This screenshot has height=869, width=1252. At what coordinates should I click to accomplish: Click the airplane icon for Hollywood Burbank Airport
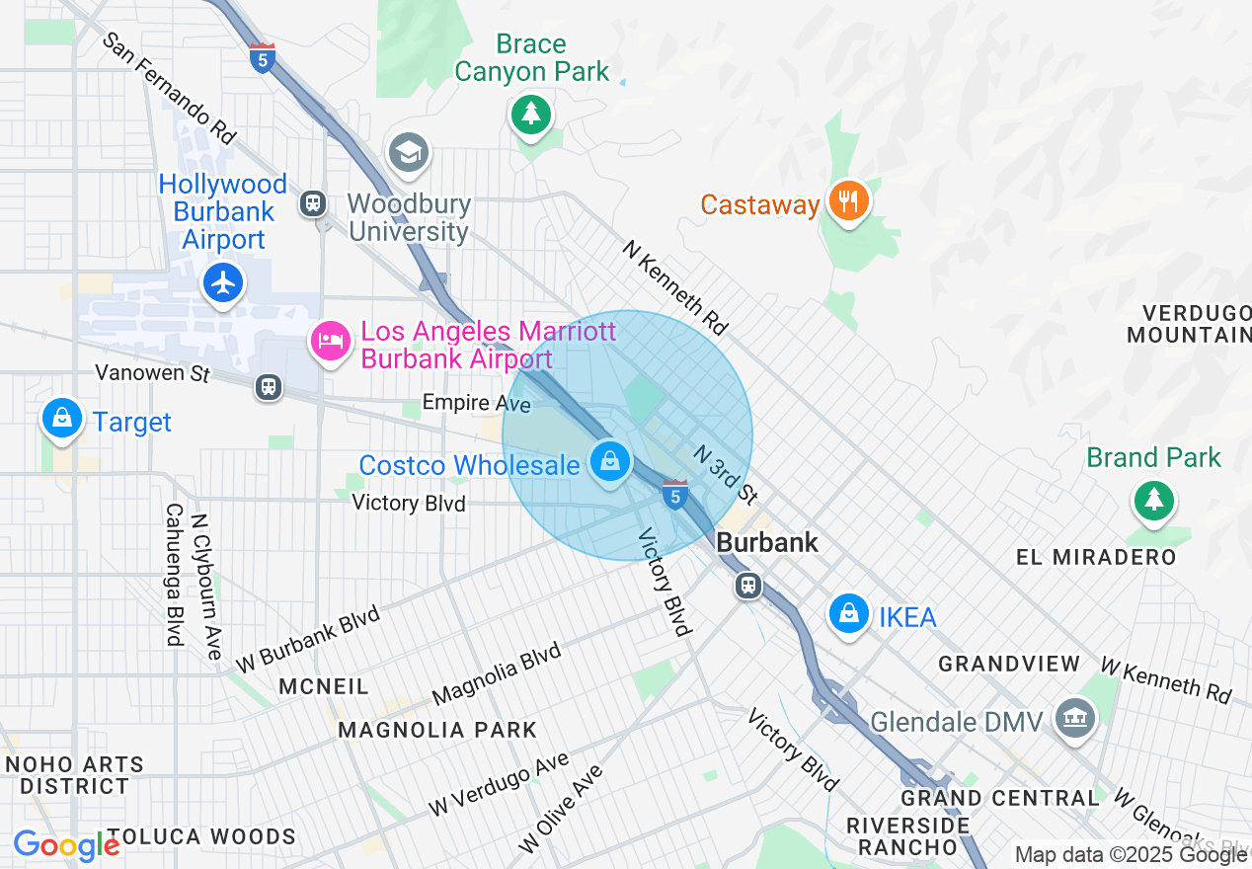point(224,283)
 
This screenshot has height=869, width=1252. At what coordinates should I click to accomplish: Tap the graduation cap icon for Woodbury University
point(408,152)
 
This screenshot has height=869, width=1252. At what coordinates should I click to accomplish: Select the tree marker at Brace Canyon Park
point(531,114)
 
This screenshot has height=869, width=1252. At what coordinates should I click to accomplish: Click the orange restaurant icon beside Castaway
point(847,201)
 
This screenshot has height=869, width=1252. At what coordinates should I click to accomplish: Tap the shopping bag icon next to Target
point(62,419)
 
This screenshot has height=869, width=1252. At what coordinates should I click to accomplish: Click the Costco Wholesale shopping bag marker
point(610,460)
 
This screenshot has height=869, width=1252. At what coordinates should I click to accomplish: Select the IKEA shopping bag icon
point(848,613)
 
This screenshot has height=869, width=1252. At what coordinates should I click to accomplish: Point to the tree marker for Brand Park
point(1152,500)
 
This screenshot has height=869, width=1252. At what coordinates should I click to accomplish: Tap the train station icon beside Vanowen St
point(268,387)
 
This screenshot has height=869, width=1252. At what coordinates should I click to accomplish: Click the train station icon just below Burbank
point(749,587)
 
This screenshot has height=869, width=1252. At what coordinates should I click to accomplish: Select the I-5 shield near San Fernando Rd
point(262,57)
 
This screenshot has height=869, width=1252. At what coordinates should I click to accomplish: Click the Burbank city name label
point(767,542)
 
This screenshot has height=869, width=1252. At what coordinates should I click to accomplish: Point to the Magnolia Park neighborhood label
point(437,730)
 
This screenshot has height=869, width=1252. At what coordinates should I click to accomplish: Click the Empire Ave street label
point(470,403)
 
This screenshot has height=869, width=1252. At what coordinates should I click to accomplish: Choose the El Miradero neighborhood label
point(1096,557)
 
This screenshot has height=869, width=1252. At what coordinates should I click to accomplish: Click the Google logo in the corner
point(66,845)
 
